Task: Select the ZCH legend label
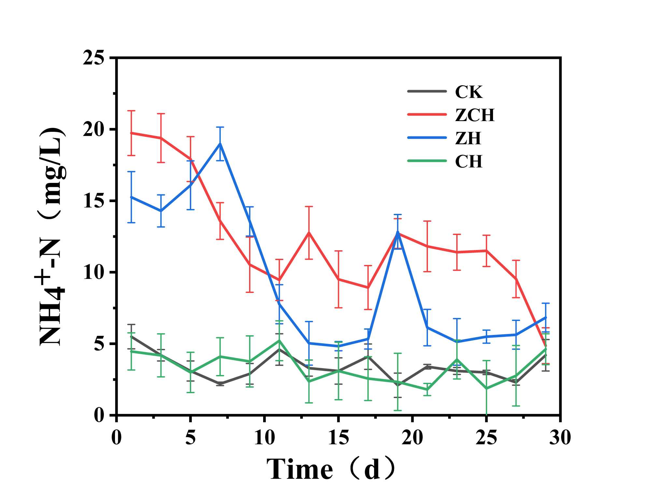(x=474, y=115)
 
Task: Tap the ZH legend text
(x=468, y=138)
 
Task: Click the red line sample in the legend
(x=427, y=114)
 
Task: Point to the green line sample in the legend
(x=427, y=161)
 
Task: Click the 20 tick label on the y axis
(x=93, y=130)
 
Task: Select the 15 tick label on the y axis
(x=93, y=201)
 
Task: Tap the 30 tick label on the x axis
(x=560, y=437)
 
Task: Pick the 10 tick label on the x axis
(x=264, y=437)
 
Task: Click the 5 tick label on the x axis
(x=190, y=437)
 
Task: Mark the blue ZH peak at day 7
(x=220, y=144)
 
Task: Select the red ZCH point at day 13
(x=309, y=232)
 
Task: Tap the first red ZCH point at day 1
(x=131, y=133)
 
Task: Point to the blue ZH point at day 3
(x=161, y=211)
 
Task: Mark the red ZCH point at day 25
(x=487, y=251)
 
